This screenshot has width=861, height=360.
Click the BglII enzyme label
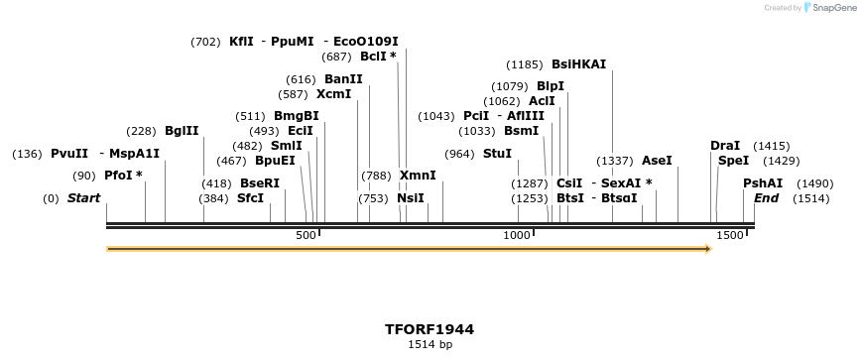[182, 130]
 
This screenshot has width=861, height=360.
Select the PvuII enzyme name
[69, 153]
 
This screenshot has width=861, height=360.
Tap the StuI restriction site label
[497, 153]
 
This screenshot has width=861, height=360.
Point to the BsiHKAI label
[578, 64]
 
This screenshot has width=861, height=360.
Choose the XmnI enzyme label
[418, 175]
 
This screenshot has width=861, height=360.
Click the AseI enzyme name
[657, 160]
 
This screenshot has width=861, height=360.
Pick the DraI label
[725, 145]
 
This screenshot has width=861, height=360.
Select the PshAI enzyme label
[763, 182]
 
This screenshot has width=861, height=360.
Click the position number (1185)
[524, 64]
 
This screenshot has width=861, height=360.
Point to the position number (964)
[459, 153]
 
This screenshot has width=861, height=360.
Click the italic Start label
[83, 197]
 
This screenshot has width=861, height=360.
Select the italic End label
[766, 197]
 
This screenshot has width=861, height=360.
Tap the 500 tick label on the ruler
[306, 234]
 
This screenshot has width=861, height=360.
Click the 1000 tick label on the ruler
[517, 234]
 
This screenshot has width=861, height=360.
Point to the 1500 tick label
[729, 234]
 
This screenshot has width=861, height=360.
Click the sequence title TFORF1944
[430, 328]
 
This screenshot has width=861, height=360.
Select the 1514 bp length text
[430, 344]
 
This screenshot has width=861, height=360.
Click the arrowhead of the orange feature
[707, 248]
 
